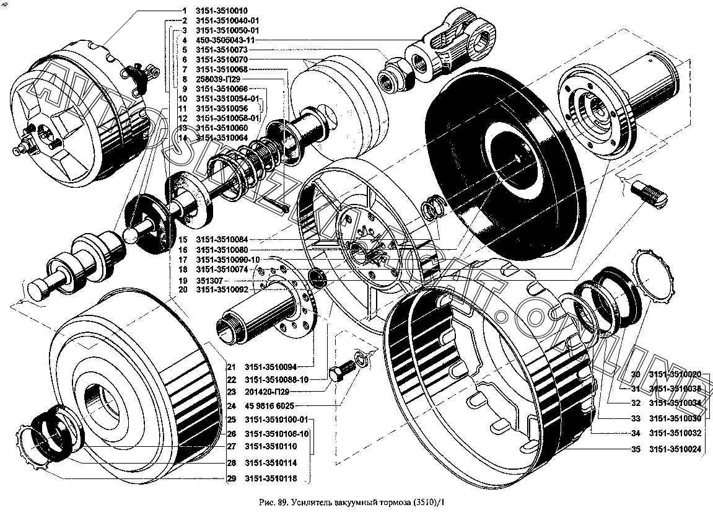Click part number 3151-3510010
[222, 11]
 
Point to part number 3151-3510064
[221, 138]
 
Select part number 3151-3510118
[271, 479]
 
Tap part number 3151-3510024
[675, 449]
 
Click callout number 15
[183, 240]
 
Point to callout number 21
[232, 365]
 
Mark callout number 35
[636, 449]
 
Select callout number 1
[184, 11]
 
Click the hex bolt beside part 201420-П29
[342, 373]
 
